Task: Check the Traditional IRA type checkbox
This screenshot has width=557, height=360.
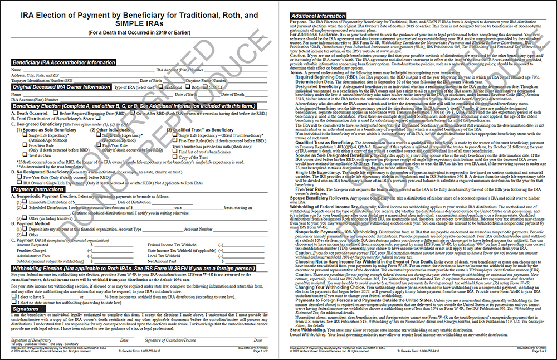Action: pyautogui.click(x=162, y=87)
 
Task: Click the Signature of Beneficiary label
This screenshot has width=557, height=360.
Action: pyautogui.click(x=31, y=339)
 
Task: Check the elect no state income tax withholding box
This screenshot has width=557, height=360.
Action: pyautogui.click(x=13, y=301)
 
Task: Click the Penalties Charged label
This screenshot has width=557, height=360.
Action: pyautogui.click(x=31, y=250)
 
